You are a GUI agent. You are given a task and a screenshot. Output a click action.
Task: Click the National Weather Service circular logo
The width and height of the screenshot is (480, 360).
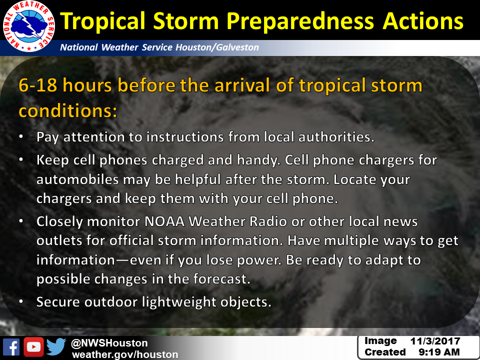coord(29,26)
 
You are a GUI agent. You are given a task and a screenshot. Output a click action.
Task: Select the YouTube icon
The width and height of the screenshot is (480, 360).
coord(33,347)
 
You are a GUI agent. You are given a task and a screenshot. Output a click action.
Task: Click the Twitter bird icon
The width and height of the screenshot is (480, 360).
coord(56,346)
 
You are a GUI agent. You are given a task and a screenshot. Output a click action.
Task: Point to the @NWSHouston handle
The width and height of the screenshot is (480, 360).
coord(109,343)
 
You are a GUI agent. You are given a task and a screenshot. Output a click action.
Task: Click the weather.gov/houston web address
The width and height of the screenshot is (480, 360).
coord(125,354)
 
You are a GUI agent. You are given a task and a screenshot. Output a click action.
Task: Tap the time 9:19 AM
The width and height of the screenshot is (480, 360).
coord(439,352)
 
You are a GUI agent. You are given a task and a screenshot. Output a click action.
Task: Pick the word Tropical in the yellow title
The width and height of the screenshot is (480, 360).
coord(103,21)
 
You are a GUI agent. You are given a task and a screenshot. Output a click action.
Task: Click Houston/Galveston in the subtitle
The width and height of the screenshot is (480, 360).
coord(217,47)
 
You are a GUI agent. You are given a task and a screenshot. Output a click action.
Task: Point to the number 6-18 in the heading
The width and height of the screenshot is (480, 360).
coord(38,85)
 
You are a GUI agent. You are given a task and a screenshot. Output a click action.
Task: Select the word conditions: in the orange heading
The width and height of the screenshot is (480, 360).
coord(68,110)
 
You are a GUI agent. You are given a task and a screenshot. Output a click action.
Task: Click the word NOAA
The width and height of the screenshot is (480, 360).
coord(164,221)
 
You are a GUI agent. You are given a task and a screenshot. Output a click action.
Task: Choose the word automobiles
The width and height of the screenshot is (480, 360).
coord(77,179)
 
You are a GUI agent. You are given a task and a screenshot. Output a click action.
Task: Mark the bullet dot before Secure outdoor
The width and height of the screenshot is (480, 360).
coord(21,302)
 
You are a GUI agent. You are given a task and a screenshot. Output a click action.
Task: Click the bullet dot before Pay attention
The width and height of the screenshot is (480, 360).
coord(21,137)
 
